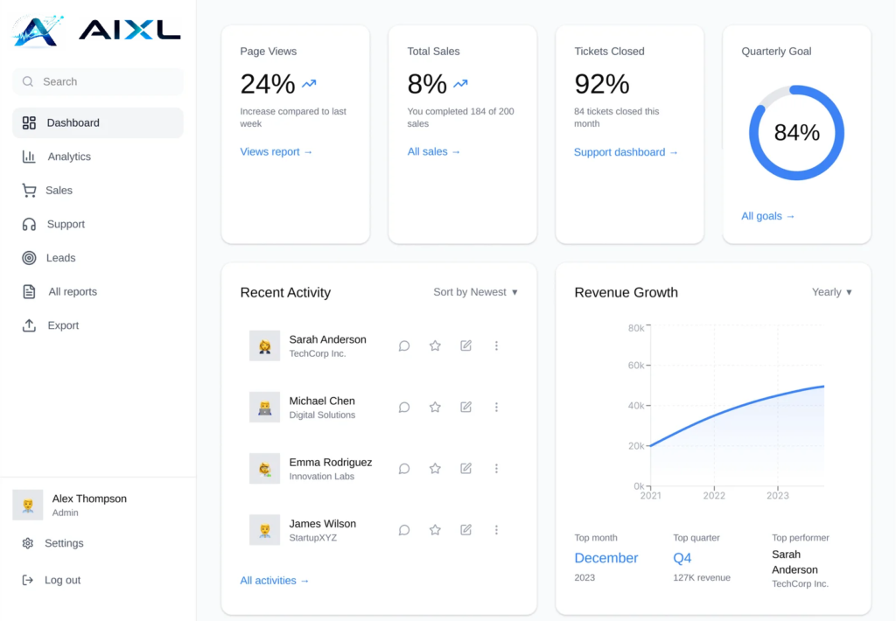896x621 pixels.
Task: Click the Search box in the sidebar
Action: tap(98, 81)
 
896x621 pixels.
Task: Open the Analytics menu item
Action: tap(69, 157)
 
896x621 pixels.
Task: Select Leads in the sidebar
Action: tap(61, 258)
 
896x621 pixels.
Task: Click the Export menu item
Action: tap(63, 325)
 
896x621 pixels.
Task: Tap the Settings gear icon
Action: tap(28, 543)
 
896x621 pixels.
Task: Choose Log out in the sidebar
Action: tap(62, 580)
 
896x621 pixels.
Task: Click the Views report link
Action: tap(276, 152)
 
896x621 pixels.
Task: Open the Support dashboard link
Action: tap(626, 152)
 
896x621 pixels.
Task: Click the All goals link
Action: tap(768, 216)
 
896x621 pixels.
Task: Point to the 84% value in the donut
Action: tap(796, 133)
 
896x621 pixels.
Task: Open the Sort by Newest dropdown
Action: tap(475, 292)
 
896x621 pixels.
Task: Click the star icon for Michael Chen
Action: tap(435, 407)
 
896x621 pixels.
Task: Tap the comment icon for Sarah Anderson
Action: tap(404, 345)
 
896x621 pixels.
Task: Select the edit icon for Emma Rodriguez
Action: tap(465, 468)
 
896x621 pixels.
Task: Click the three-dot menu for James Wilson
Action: tap(496, 529)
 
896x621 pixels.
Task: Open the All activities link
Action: tap(275, 581)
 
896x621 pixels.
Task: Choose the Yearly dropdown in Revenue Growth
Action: tap(831, 292)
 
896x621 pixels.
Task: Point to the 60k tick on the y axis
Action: tap(636, 366)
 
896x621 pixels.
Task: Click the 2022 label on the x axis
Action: tap(714, 496)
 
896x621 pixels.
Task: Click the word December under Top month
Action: tap(606, 558)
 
